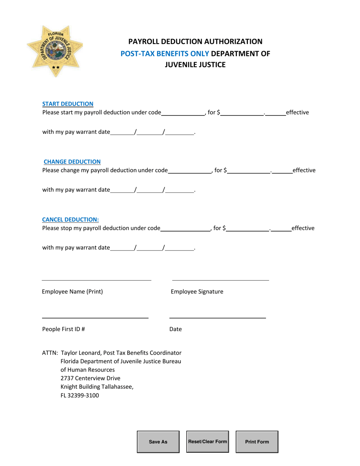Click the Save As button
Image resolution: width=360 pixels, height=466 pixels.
[158, 442]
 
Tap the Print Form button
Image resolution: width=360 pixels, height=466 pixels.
[257, 442]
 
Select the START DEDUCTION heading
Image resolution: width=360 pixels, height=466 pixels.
[68, 104]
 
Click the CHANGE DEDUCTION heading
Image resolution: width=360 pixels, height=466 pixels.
[72, 162]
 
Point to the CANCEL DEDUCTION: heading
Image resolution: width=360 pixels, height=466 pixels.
[70, 219]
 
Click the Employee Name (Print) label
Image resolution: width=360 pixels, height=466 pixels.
[72, 292]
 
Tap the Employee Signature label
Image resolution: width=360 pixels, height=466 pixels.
[197, 292]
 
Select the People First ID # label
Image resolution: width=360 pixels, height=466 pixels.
[63, 329]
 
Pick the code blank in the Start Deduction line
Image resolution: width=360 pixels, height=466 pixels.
[183, 113]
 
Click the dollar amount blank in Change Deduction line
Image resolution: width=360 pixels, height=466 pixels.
[249, 170]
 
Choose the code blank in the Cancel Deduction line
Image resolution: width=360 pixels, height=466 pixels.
[185, 228]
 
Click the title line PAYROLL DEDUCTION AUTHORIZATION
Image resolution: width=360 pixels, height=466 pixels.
[195, 41]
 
